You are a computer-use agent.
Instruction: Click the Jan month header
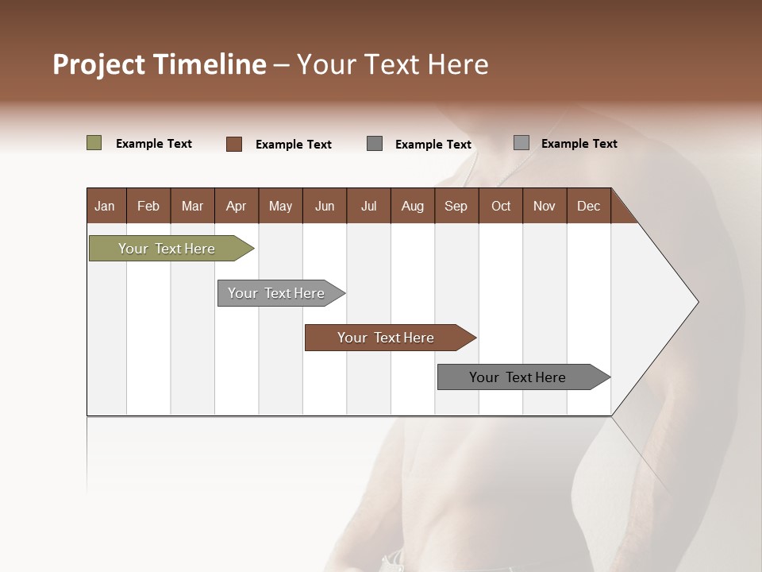[106, 206]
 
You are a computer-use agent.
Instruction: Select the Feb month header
[148, 206]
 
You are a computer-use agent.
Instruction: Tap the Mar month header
[192, 206]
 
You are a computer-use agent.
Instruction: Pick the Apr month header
[237, 206]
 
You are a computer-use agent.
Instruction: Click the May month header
[280, 206]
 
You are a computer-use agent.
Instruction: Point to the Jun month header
[325, 206]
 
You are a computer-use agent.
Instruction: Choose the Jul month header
[368, 206]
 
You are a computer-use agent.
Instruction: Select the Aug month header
[413, 206]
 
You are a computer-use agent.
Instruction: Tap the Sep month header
[456, 206]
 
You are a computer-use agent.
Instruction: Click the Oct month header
[501, 206]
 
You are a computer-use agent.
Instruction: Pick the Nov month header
[545, 206]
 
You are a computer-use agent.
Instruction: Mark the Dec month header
[589, 206]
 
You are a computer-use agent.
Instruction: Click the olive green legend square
[94, 143]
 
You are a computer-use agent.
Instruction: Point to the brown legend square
[234, 144]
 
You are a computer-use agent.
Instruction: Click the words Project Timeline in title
[160, 64]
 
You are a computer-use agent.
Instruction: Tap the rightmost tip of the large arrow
[697, 302]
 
